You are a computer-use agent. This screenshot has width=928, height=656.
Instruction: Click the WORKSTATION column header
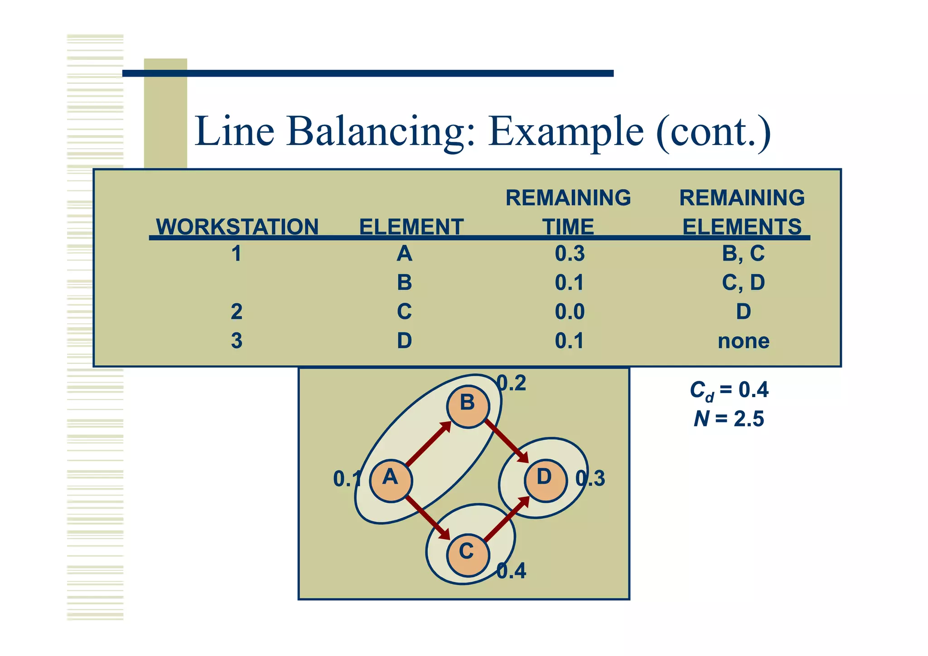[x=237, y=226]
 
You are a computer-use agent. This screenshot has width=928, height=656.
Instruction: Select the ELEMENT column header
[x=411, y=226]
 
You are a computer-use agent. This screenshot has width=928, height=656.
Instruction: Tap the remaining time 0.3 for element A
[x=570, y=253]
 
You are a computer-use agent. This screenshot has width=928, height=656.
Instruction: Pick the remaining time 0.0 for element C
[x=570, y=312]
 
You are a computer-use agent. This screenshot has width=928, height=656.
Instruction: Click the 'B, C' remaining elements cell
[x=743, y=253]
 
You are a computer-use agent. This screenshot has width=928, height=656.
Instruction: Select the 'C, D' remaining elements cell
[x=743, y=282]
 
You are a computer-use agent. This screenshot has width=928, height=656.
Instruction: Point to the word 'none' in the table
[x=743, y=341]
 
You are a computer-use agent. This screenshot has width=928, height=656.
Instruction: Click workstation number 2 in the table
[x=237, y=312]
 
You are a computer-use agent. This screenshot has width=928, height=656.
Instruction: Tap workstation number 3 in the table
[x=237, y=341]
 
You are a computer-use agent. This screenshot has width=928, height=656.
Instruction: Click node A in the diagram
[x=391, y=481]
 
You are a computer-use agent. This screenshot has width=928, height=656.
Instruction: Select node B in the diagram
[x=468, y=406]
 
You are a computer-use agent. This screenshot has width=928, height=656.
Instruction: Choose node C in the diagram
[x=468, y=555]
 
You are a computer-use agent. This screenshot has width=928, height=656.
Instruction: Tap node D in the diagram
[x=545, y=481]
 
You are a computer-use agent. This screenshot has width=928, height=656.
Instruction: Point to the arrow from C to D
[x=507, y=519]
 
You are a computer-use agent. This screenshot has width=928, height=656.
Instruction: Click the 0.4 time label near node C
[x=512, y=571]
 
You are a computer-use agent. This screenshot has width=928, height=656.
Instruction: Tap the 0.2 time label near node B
[x=512, y=384]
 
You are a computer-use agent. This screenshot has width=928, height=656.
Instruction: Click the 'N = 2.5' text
[x=729, y=419]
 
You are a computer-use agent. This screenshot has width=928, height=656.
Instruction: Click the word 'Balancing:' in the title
[x=381, y=131]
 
